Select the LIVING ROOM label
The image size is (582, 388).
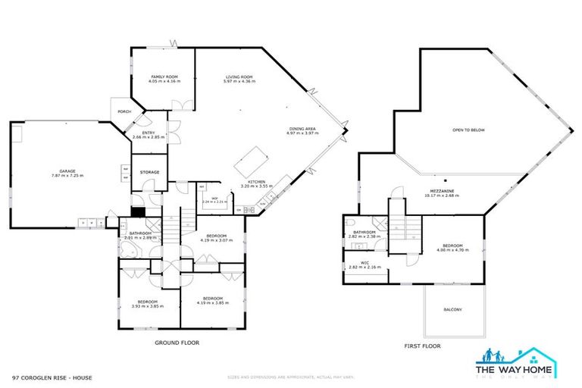point(238,77)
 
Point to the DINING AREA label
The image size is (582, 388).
point(301,129)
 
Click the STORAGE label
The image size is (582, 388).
point(149,173)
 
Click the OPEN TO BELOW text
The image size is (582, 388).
point(468,130)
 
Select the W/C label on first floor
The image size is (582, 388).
point(365,264)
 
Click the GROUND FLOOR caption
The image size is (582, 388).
point(177,343)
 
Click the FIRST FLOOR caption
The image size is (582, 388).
point(422,346)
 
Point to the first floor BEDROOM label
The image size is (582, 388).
point(452,246)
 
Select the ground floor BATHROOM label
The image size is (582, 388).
point(141,233)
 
